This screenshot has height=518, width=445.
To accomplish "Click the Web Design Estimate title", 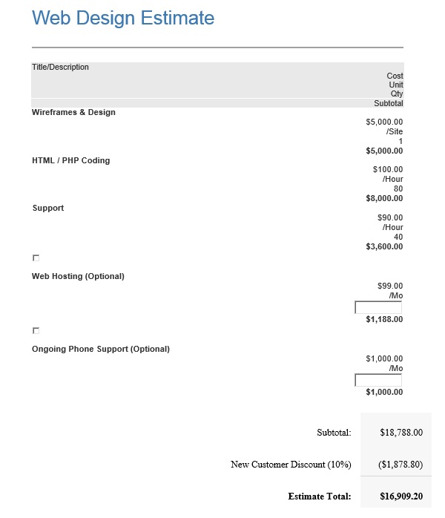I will [123, 19].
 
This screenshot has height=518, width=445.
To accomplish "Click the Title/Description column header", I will [60, 68].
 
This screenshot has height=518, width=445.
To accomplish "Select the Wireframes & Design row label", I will [73, 113].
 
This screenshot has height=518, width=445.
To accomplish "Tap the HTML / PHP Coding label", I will [70, 160].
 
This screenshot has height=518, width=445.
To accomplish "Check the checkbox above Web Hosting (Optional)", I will [36, 258].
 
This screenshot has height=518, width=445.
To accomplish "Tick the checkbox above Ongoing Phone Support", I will [36, 330].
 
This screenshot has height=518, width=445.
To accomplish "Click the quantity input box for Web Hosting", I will [378, 307].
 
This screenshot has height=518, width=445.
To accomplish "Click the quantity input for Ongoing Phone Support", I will [378, 380].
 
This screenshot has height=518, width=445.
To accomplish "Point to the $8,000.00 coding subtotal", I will [384, 198].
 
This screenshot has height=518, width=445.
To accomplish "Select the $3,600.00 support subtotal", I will [384, 246].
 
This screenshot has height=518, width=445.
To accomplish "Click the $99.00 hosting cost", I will [390, 286].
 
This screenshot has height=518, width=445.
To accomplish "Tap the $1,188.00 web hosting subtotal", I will [384, 320].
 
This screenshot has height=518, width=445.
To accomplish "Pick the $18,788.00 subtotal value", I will [401, 432].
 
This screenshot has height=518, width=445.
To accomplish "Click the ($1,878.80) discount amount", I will [400, 465].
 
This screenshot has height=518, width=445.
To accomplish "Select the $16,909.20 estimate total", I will [401, 496].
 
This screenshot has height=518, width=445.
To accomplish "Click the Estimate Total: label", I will [319, 496].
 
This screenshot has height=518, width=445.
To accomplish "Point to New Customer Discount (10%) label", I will [291, 465].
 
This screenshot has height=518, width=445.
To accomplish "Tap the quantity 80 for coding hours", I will [398, 188].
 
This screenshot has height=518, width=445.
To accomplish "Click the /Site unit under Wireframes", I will [395, 131].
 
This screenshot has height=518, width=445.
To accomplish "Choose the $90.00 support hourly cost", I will [390, 218].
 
